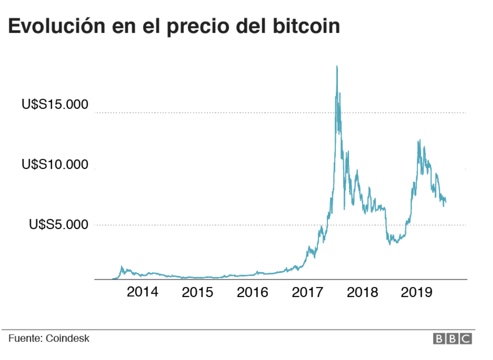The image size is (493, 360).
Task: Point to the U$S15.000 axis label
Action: (x=55, y=105)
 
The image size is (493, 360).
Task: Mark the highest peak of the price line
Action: (x=337, y=66)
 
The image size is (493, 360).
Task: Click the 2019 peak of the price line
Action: (x=420, y=140)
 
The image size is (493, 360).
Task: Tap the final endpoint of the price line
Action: (x=446, y=202)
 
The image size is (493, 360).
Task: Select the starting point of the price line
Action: (x=113, y=279)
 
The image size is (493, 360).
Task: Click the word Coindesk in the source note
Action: (x=68, y=338)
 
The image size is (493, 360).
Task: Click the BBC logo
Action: (x=452, y=338)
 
